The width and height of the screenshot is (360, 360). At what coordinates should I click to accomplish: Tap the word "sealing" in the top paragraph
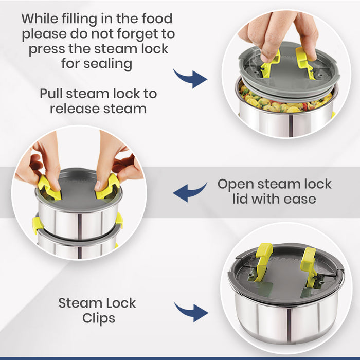(107, 64)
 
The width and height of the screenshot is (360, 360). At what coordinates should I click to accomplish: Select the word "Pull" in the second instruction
(51, 94)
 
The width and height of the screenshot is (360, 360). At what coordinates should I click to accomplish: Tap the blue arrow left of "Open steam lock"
(190, 192)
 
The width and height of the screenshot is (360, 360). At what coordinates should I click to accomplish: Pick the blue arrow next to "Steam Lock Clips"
(191, 312)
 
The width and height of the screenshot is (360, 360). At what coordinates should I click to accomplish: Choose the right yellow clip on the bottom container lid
(309, 266)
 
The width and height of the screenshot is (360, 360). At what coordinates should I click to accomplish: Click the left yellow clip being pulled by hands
(49, 187)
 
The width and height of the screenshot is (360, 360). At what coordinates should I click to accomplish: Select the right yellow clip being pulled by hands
(108, 186)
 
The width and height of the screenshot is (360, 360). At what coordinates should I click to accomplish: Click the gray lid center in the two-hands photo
(78, 191)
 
